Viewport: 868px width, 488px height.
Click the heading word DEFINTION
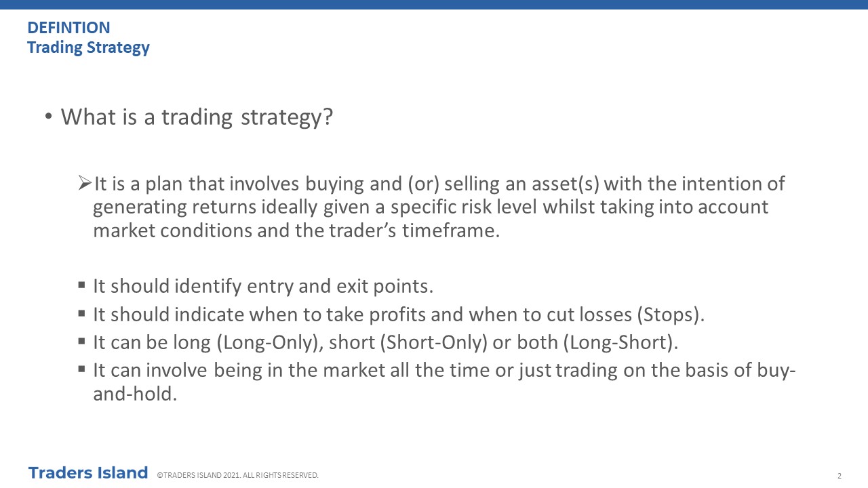click(x=68, y=28)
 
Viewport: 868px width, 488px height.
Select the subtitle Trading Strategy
click(x=88, y=47)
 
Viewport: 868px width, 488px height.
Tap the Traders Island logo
click(x=88, y=473)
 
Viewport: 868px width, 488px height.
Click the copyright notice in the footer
click(x=237, y=475)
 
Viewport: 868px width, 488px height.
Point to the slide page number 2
click(x=840, y=476)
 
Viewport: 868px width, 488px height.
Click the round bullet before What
click(x=48, y=116)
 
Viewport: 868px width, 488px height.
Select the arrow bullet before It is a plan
click(x=85, y=183)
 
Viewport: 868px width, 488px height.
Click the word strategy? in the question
click(x=287, y=117)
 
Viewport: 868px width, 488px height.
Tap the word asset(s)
click(x=566, y=184)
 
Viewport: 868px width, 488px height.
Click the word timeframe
click(x=451, y=230)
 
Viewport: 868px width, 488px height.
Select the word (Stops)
click(x=671, y=314)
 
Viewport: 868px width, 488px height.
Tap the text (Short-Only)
click(x=433, y=343)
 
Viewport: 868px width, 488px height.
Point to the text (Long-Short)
click(x=620, y=343)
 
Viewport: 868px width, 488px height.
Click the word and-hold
click(x=135, y=394)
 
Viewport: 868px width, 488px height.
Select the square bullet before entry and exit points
click(x=81, y=285)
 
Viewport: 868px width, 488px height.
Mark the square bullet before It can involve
click(x=81, y=369)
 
